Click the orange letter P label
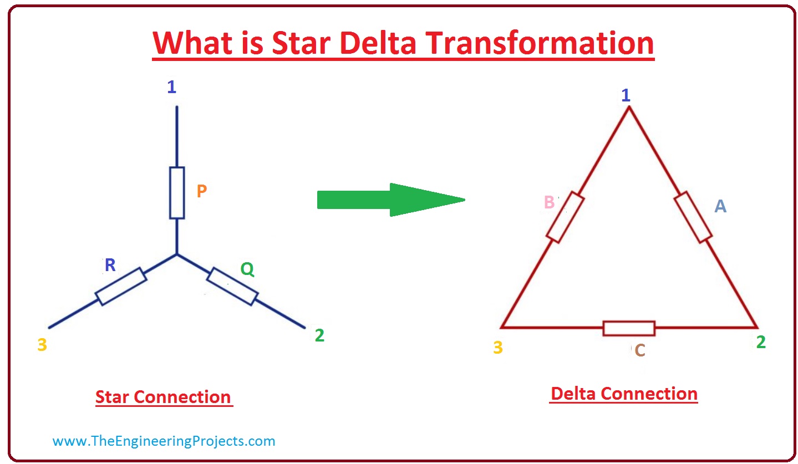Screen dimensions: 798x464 tap(202, 191)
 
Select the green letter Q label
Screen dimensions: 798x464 tap(247, 269)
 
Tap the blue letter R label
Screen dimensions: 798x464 tap(110, 265)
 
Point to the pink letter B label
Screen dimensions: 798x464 tap(550, 202)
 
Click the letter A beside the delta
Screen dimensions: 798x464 tap(720, 206)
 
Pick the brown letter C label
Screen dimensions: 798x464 tap(640, 350)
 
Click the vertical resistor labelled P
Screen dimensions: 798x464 tap(177, 193)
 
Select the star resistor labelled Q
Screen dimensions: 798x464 tap(232, 286)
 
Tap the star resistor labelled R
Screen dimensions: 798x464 tap(121, 286)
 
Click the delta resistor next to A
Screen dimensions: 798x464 tap(693, 217)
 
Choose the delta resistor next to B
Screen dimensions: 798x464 tap(565, 217)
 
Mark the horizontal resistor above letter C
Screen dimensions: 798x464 tap(629, 328)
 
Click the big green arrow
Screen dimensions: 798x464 tap(391, 200)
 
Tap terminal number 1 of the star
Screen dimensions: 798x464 tap(172, 87)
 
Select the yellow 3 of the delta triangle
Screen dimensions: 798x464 tap(497, 347)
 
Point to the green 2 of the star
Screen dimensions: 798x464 tap(319, 335)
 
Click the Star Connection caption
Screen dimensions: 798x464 tap(164, 397)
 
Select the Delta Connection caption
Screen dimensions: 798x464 tap(624, 394)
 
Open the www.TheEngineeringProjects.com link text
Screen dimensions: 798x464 tap(164, 441)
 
